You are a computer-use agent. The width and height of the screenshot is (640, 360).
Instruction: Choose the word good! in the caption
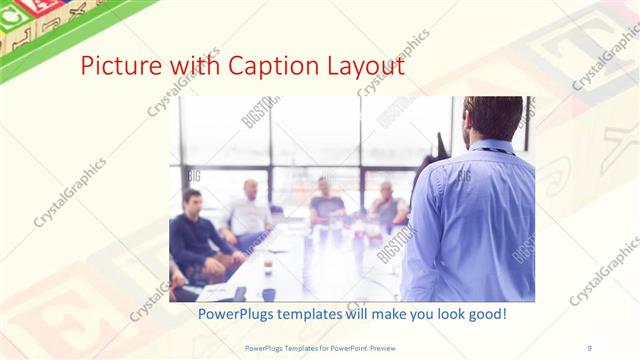click(x=482, y=314)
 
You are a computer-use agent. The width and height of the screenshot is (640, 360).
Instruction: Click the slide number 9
click(x=589, y=347)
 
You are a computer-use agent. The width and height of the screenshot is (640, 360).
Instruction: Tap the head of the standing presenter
click(x=493, y=117)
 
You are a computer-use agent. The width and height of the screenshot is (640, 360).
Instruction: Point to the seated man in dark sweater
click(x=195, y=235)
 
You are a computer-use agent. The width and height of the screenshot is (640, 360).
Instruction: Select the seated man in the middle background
click(x=326, y=200)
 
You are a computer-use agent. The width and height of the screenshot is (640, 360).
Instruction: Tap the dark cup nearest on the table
click(x=268, y=294)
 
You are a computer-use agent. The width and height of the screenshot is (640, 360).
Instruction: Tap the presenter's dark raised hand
click(x=441, y=145)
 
